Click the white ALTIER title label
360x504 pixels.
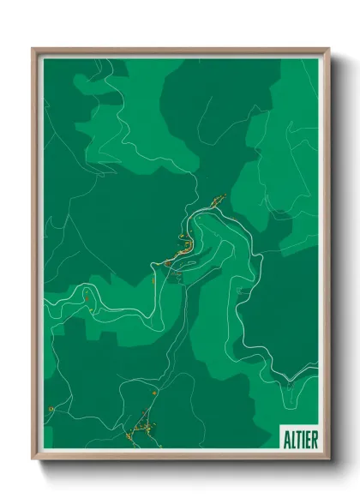click(300, 438)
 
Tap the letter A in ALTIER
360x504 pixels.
click(287, 438)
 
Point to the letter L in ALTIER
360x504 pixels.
click(293, 438)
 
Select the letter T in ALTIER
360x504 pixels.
click(299, 438)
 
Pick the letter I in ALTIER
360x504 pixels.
click(303, 438)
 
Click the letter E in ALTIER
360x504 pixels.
click(309, 438)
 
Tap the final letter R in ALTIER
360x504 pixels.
click(315, 438)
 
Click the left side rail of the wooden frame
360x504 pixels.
click(35, 257)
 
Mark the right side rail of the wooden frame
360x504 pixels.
click(327, 257)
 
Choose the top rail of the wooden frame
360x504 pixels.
click(180, 50)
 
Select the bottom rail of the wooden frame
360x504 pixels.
click(180, 458)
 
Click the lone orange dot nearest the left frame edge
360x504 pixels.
click(51, 410)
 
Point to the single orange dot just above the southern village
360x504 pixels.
click(154, 392)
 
